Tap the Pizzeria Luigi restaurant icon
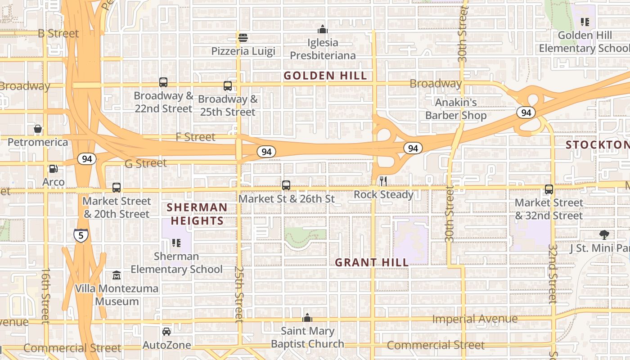[x=243, y=37]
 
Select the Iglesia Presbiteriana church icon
[x=322, y=30]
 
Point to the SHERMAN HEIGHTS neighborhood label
[x=197, y=214]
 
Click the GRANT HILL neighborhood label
[x=372, y=262]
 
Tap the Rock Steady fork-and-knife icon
[x=383, y=181]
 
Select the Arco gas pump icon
[x=53, y=169]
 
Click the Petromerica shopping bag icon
[x=38, y=129]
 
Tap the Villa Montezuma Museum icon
[x=117, y=275]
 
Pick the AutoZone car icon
[x=166, y=332]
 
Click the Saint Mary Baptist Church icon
[x=307, y=318]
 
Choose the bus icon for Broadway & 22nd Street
[x=163, y=82]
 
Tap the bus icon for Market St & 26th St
[x=286, y=185]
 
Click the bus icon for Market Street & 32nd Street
[x=549, y=189]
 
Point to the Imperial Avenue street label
[x=475, y=319]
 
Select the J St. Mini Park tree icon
[x=604, y=234]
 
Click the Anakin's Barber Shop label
[x=456, y=109]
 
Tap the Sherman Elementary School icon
[x=176, y=243]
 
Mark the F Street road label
[x=195, y=137]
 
